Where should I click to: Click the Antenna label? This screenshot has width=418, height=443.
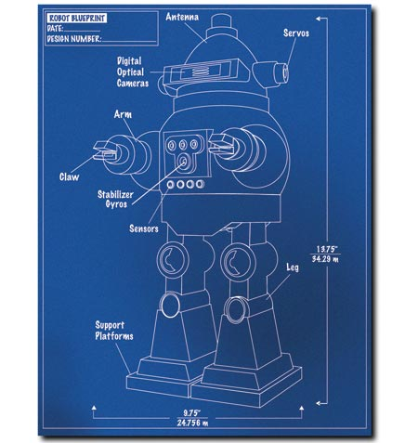(x=182, y=17)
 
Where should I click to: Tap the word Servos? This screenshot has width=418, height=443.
(x=296, y=33)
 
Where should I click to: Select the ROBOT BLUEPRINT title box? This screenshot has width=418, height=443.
(x=77, y=18)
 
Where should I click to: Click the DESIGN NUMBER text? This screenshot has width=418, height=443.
(x=74, y=39)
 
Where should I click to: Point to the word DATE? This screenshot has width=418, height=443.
(x=55, y=29)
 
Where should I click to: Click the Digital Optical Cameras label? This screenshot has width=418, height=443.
(x=133, y=72)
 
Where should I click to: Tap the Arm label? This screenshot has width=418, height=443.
(x=123, y=114)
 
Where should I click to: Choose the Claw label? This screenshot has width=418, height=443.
(x=69, y=176)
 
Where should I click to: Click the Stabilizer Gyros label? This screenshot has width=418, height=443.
(x=115, y=199)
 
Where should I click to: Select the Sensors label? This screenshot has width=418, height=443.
(x=144, y=228)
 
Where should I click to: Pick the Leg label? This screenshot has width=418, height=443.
(x=293, y=267)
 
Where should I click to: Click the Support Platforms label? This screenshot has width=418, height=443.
(x=114, y=331)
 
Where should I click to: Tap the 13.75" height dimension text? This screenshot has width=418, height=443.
(x=326, y=249)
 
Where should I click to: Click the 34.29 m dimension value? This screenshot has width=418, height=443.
(x=325, y=258)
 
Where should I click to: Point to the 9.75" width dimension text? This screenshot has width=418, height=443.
(x=191, y=412)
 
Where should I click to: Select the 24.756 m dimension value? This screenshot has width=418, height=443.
(x=192, y=423)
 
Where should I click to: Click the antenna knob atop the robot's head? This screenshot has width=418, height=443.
(x=221, y=21)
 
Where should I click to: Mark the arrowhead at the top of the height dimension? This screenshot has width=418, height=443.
(x=318, y=19)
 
